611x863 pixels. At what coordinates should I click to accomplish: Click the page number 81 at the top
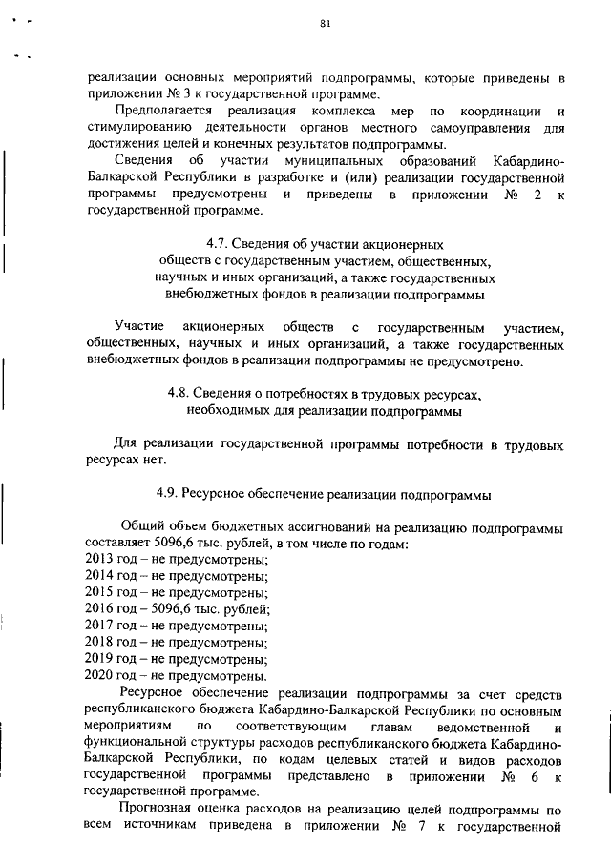pos(324,24)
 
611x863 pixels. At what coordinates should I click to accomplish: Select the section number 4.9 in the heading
pos(167,495)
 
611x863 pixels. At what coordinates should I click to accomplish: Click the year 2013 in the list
pos(98,558)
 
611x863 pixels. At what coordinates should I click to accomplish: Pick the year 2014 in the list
pos(98,575)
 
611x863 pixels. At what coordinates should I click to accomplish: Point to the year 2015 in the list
pos(98,591)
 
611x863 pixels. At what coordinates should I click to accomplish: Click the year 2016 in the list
pos(98,608)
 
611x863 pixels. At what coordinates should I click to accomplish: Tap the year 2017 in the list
pos(98,626)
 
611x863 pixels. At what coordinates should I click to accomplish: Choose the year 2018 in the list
pos(98,642)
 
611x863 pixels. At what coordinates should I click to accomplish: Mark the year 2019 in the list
pos(98,659)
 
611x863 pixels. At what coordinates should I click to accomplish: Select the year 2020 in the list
pos(98,675)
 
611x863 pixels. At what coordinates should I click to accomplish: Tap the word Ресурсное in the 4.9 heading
pos(221,495)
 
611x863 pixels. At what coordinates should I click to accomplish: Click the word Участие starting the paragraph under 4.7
pos(138,328)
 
